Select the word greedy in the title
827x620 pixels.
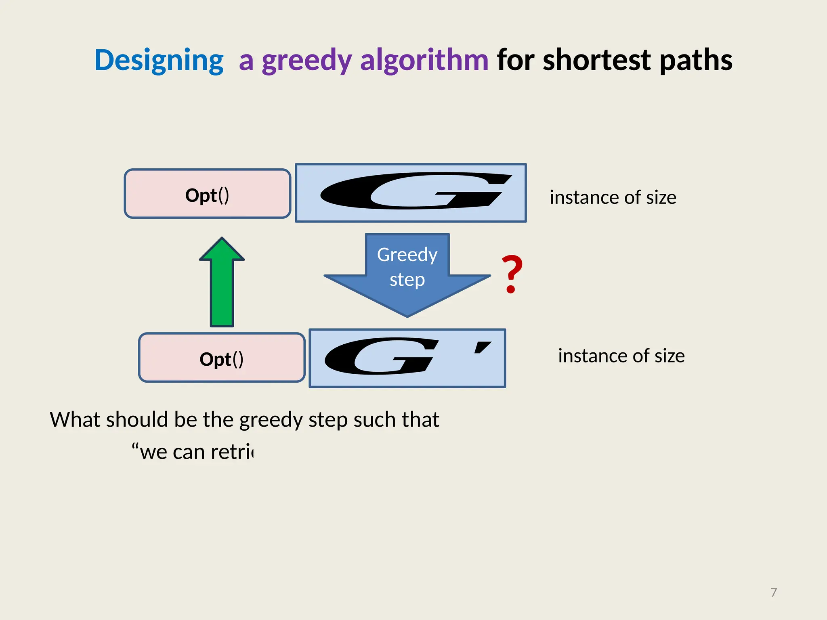(x=307, y=61)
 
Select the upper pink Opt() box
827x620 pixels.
(x=207, y=194)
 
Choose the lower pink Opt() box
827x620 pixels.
(x=221, y=358)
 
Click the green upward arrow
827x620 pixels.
(x=222, y=283)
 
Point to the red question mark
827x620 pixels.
(x=512, y=273)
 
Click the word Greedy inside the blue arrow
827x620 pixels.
(x=407, y=255)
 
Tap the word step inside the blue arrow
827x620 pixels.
(x=407, y=280)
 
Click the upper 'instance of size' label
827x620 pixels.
(x=613, y=198)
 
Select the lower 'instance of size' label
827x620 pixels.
(x=621, y=356)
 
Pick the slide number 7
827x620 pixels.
(x=773, y=592)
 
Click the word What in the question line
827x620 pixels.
(x=75, y=420)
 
